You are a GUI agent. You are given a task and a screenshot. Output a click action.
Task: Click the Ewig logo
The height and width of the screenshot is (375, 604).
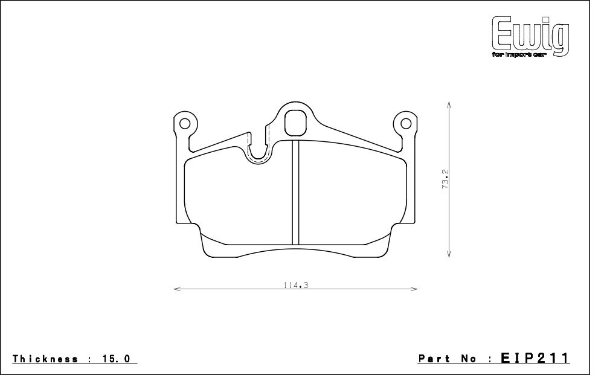pyautogui.click(x=531, y=37)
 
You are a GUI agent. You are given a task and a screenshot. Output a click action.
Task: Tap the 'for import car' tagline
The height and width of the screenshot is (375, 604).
pyautogui.click(x=519, y=55)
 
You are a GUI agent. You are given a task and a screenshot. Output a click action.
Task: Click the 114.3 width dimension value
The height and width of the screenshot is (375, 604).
pyautogui.click(x=296, y=285)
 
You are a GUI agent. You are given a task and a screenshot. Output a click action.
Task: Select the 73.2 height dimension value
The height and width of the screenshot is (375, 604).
pyautogui.click(x=446, y=179)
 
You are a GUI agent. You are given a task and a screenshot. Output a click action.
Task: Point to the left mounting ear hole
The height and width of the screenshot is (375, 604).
pyautogui.click(x=185, y=124)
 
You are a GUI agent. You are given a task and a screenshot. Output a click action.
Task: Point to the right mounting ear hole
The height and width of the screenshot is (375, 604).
pyautogui.click(x=406, y=124)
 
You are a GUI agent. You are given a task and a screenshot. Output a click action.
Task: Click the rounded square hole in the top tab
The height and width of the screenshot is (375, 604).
pyautogui.click(x=295, y=123)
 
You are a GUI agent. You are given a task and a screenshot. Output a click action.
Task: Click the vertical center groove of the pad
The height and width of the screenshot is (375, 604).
pyautogui.click(x=295, y=193)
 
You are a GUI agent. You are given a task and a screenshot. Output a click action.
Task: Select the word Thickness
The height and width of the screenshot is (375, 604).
pyautogui.click(x=45, y=359)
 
